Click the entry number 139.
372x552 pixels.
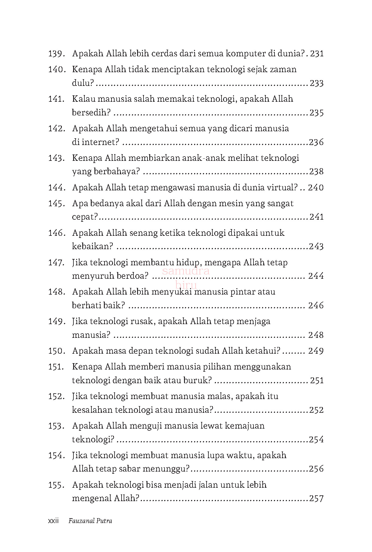pos(56,54)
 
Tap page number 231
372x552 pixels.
pos(317,54)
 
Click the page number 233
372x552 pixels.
pos(317,83)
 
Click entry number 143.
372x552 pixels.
pos(56,158)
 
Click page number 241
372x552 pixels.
pos(317,217)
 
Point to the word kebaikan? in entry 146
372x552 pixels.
pos(92,246)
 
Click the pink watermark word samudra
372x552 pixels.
pos(186,271)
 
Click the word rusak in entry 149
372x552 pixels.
pos(142,321)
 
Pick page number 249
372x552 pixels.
pos(316,351)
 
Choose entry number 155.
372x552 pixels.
pos(56,485)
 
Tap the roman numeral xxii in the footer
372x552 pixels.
pos(53,521)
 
